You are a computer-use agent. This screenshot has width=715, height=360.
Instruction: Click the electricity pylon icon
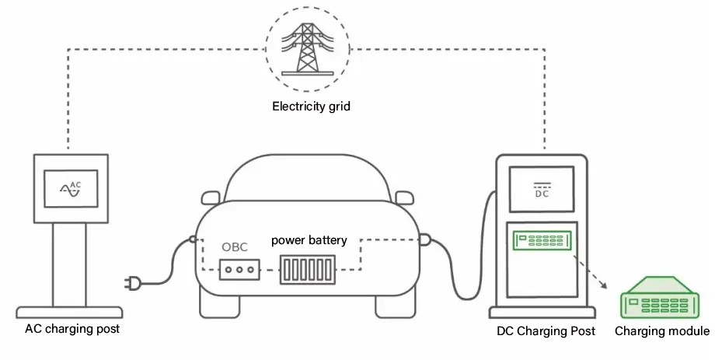[307, 49]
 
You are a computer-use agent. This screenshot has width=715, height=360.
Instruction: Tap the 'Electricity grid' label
[311, 107]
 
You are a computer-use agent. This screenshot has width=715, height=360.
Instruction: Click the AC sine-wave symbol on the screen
[71, 188]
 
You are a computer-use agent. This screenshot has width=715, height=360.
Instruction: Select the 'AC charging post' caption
[72, 329]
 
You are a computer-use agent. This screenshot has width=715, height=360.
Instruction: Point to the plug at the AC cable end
[132, 283]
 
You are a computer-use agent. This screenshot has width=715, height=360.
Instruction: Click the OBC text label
[235, 246]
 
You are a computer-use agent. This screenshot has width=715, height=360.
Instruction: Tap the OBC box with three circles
[239, 269]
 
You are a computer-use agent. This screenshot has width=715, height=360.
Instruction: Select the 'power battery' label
[309, 240]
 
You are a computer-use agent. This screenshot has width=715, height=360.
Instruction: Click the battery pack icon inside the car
[307, 270]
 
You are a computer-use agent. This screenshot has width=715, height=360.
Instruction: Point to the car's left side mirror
[210, 197]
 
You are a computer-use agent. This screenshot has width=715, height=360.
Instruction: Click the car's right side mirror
[404, 197]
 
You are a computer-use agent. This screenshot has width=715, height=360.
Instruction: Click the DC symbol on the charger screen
[542, 190]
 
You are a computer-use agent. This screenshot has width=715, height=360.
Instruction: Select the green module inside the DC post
[542, 240]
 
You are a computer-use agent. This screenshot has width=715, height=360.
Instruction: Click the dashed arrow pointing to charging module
[590, 272]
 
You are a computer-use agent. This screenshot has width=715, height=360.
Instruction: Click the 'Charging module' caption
[662, 330]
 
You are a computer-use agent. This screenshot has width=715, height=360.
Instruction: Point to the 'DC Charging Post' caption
[546, 330]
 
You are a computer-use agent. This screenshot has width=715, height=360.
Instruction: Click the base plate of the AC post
[69, 313]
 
